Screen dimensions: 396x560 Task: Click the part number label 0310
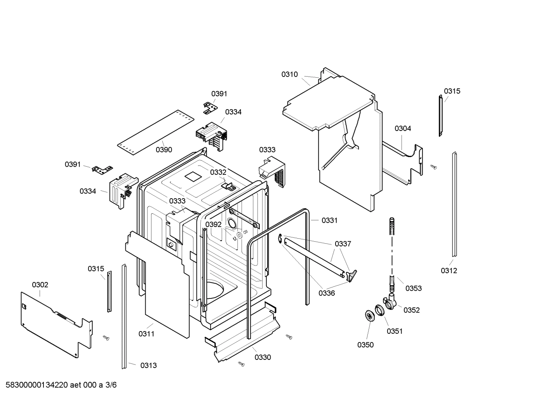pyautogui.click(x=289, y=74)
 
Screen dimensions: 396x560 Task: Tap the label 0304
pyautogui.click(x=403, y=128)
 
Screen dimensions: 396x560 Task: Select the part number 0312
pyautogui.click(x=449, y=270)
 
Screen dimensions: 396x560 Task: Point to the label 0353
pyautogui.click(x=413, y=288)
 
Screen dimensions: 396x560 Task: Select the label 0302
pyautogui.click(x=40, y=284)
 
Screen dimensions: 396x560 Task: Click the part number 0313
pyautogui.click(x=148, y=365)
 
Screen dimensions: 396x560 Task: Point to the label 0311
pyautogui.click(x=146, y=333)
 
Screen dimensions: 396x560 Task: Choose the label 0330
pyautogui.click(x=263, y=357)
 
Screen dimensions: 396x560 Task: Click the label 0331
pyautogui.click(x=329, y=220)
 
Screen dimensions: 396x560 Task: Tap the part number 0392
pyautogui.click(x=213, y=224)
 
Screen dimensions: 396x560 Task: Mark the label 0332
pyautogui.click(x=218, y=172)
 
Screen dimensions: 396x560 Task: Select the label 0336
pyautogui.click(x=326, y=293)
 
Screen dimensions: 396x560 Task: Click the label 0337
pyautogui.click(x=343, y=244)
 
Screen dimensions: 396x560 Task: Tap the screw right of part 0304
pyautogui.click(x=434, y=167)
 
